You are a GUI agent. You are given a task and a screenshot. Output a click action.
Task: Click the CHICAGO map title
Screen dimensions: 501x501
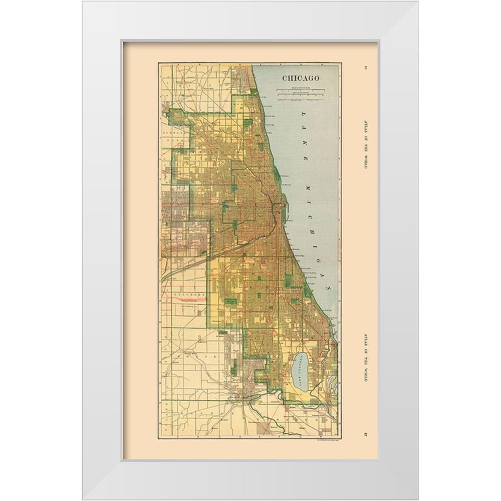(301, 78)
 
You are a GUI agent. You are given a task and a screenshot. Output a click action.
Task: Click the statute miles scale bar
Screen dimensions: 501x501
(301, 89)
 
